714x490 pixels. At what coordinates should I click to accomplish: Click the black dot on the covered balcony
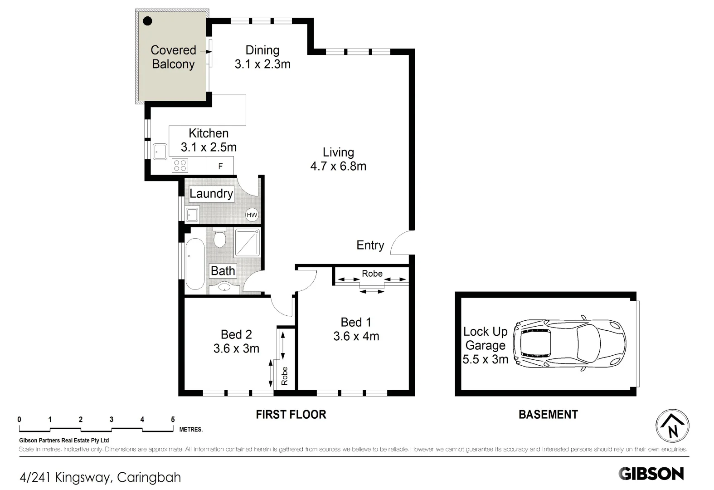coord(147,21)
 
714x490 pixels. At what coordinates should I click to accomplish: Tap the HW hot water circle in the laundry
coord(252,215)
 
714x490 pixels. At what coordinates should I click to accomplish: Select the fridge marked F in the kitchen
coord(220,166)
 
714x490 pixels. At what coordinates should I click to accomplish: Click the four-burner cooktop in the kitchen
coord(180,165)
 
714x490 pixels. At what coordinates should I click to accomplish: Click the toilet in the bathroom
coord(220,238)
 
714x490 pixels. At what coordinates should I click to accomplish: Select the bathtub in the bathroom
coord(195,264)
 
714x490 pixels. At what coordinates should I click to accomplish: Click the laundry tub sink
coord(192,214)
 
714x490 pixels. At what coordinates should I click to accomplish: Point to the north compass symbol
coord(672,426)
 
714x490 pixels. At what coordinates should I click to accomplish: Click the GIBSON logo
coord(651,474)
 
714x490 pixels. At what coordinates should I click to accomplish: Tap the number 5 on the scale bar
coord(173,420)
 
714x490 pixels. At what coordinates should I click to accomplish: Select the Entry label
coord(370,245)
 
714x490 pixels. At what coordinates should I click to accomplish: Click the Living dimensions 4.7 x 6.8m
coord(338,167)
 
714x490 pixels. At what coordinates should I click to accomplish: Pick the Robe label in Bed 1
coord(372,274)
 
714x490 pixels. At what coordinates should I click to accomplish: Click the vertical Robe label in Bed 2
coord(285,376)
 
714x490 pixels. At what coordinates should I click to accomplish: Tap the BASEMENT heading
coord(548,415)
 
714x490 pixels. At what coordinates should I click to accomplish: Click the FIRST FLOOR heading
coord(291,415)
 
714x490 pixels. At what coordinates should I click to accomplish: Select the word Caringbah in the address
coord(149,477)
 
